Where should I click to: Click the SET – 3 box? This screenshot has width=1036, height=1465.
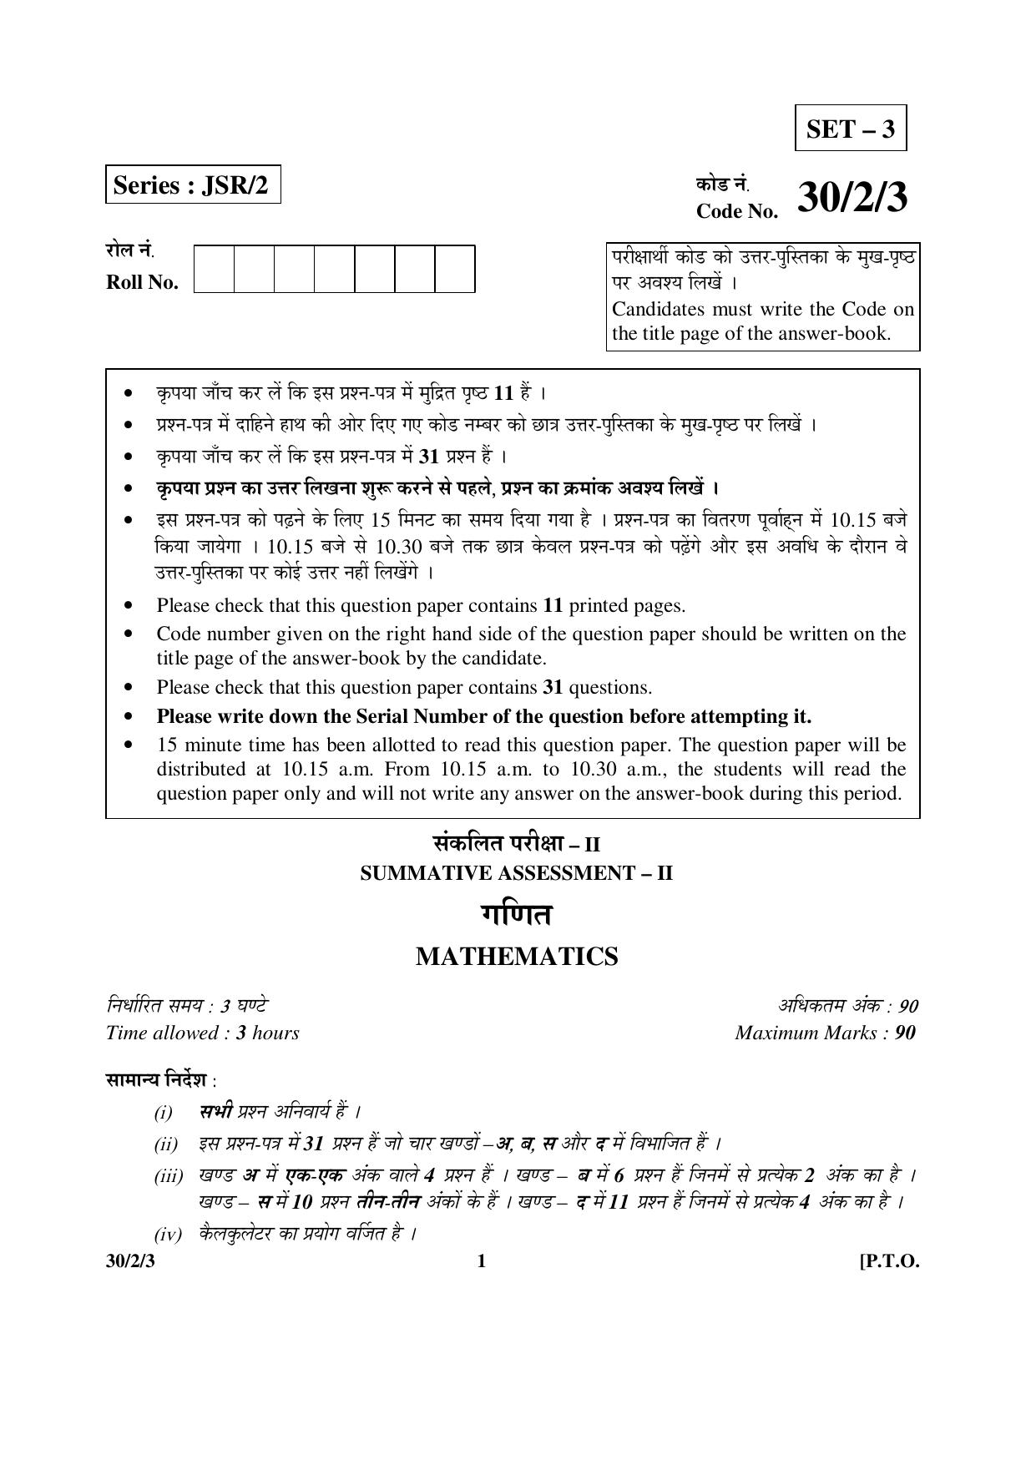[x=850, y=129]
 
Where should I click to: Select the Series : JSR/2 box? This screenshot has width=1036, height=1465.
[x=192, y=185]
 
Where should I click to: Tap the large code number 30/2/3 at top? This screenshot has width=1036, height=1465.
[x=851, y=199]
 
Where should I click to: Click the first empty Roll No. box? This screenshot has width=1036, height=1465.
[x=214, y=269]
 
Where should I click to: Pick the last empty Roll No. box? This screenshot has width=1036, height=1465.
[x=455, y=269]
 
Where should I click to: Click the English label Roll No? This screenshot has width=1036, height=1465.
[x=142, y=282]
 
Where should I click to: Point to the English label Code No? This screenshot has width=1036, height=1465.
[x=736, y=211]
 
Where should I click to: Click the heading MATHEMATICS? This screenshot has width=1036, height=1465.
[x=517, y=957]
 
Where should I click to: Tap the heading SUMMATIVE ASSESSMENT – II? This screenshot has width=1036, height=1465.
[x=516, y=873]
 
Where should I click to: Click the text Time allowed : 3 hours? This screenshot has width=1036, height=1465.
[x=202, y=1033]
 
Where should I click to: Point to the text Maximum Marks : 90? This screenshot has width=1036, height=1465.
[x=825, y=1033]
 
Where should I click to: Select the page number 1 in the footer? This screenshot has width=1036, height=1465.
[x=481, y=1261]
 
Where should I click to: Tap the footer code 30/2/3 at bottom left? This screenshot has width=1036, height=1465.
[x=131, y=1261]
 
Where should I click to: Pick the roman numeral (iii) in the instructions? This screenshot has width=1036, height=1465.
[x=168, y=1176]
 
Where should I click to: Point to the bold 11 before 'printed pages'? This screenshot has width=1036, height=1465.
[x=552, y=605]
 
